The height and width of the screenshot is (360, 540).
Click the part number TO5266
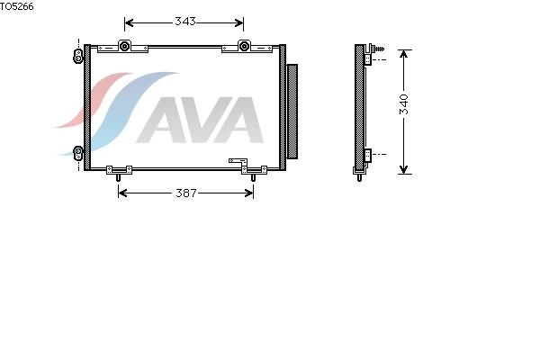coord(16,6)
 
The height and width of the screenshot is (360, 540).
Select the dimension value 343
coord(185,22)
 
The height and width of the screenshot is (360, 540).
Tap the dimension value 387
coord(186,193)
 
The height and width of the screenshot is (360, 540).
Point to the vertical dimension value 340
coord(404,104)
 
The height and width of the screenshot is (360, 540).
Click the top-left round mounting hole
coord(124,46)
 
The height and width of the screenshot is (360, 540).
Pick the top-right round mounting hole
coord(244,46)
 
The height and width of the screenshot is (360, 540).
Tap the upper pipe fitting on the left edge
coord(78,56)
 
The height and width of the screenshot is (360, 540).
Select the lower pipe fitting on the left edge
coord(78,153)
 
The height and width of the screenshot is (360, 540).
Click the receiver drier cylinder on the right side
coord(292,112)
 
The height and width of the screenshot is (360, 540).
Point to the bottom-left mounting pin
coord(118,177)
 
